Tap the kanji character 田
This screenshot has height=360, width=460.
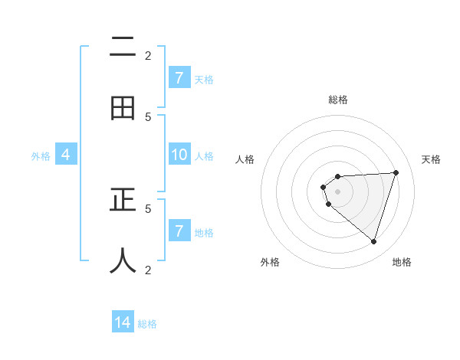(123, 109)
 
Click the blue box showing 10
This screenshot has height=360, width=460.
(179, 155)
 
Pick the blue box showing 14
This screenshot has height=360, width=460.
(123, 323)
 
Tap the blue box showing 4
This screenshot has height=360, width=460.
(66, 155)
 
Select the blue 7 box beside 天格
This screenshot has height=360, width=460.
(179, 78)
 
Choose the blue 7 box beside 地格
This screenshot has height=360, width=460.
(179, 231)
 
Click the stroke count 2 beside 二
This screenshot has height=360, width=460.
(148, 55)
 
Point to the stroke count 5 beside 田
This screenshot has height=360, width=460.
(148, 116)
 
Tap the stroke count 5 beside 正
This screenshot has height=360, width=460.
(148, 208)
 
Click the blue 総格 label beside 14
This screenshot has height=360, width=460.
(147, 324)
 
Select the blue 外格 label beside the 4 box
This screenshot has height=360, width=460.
(41, 155)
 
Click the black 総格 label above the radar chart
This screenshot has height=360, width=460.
(338, 100)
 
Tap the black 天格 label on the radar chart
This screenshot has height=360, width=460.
(431, 159)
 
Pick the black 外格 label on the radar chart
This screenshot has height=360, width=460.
(270, 262)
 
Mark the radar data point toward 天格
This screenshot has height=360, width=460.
(396, 172)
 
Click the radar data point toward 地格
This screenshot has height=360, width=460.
(373, 241)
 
